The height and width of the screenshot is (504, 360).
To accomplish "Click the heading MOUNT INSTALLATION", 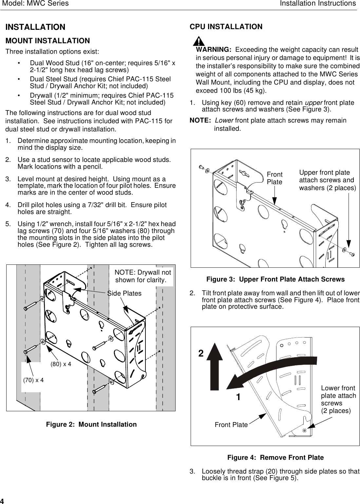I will [48, 41].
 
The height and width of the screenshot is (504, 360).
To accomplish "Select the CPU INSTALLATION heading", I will [226, 27].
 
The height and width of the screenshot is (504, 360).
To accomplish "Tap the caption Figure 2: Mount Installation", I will [91, 424].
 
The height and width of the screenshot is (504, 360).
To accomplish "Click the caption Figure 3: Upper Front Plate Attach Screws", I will [275, 279].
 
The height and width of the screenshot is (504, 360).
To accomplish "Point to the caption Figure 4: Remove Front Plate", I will [275, 457].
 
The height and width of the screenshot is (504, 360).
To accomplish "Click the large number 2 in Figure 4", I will [201, 354].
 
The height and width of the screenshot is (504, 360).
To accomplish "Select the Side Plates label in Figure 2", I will [124, 293].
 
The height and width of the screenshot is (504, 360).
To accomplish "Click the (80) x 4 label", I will [61, 364].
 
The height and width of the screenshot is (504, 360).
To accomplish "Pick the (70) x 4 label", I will [33, 380].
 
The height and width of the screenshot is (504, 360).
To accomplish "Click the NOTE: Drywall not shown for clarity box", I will [143, 276].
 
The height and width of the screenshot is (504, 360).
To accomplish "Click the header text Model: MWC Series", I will [35, 4].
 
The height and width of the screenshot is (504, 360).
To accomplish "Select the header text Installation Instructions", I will [318, 4].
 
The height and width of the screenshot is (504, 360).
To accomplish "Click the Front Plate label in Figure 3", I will [275, 178].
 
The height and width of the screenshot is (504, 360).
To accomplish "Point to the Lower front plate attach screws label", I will [338, 399].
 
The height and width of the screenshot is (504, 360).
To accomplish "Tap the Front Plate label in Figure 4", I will [231, 425].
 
